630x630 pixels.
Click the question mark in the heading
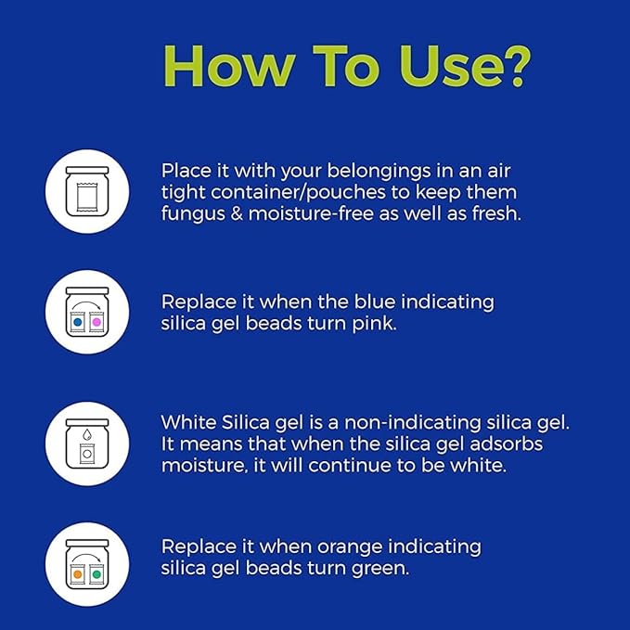513,66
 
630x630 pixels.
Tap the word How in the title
228,66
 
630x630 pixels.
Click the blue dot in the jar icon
78,322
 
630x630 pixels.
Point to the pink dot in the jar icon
96,322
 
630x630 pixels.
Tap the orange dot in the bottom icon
78,574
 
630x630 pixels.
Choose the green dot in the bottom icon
96,574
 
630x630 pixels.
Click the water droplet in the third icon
87,434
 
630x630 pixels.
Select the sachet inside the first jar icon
87,197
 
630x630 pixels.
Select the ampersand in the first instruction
237,213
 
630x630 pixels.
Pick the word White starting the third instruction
188,422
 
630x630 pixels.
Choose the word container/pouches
298,192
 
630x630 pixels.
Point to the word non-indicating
413,423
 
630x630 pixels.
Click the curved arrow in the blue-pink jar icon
87,303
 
